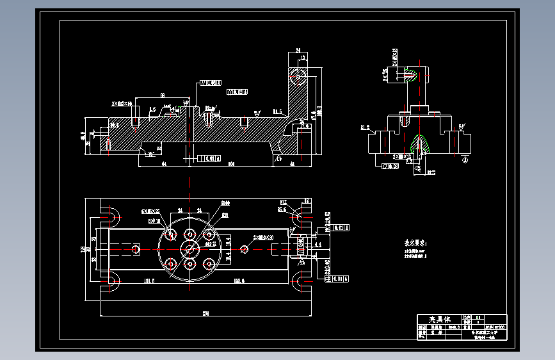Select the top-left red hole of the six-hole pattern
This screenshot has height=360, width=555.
[x=171, y=234]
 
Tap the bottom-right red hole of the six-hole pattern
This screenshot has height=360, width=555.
[x=209, y=263]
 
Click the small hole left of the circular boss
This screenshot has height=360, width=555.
[x=135, y=248]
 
